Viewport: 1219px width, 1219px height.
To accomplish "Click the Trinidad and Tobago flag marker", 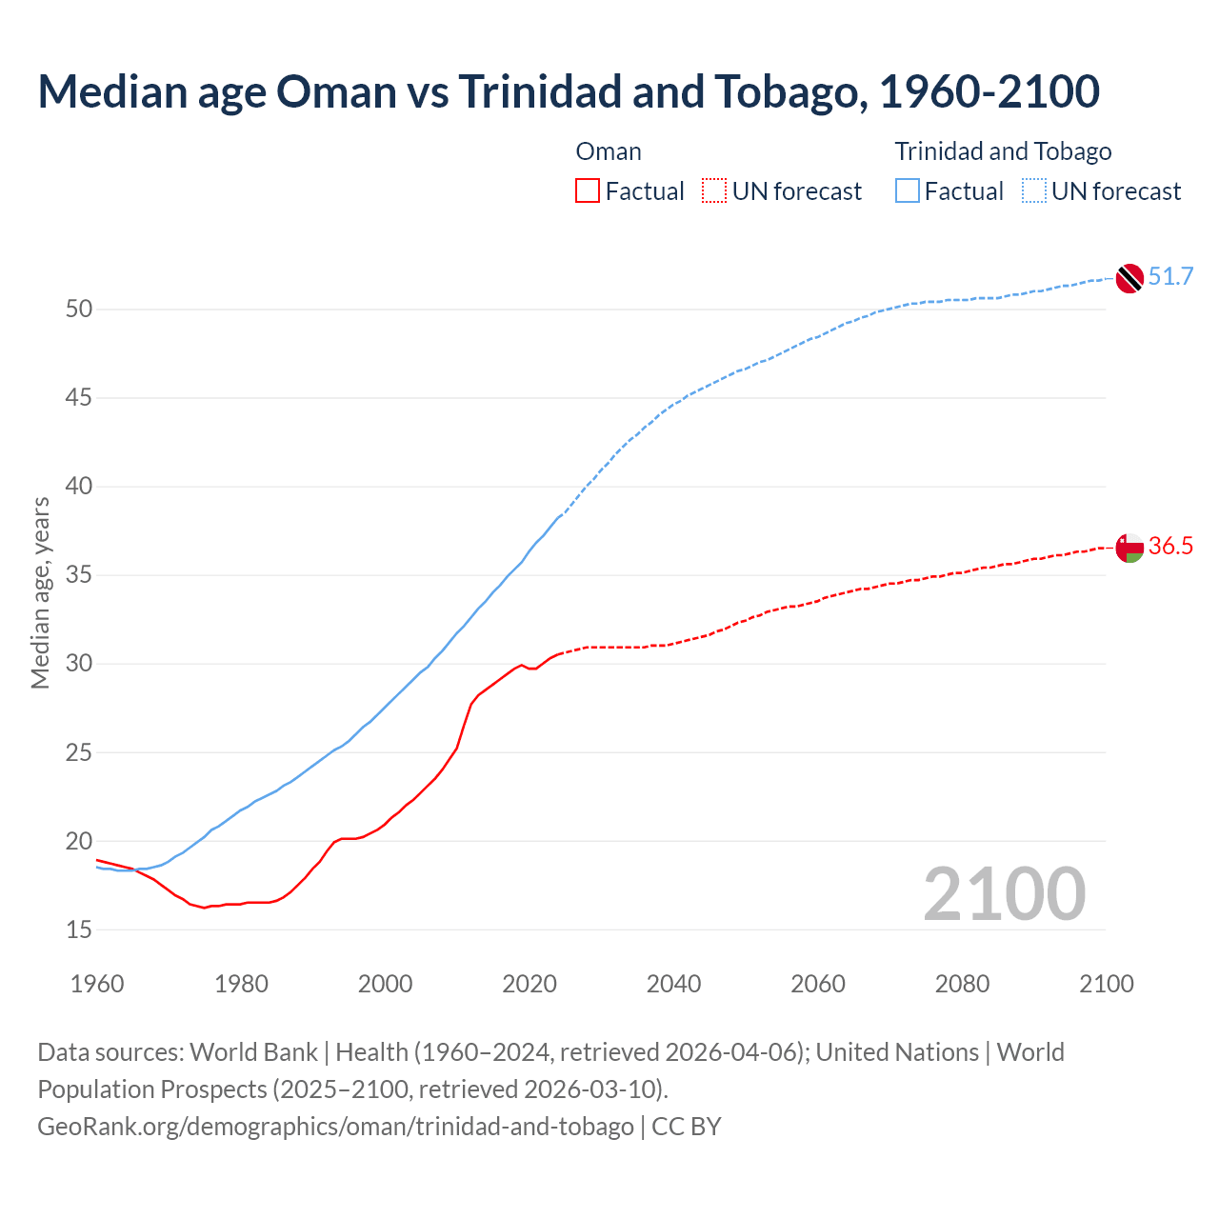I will [1129, 278].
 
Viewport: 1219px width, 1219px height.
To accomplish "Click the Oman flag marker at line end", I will [1129, 548].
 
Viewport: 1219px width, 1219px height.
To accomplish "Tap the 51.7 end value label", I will [1170, 277].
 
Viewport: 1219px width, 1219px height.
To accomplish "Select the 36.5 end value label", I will [1170, 547].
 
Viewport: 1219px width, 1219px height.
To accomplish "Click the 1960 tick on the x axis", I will [97, 984].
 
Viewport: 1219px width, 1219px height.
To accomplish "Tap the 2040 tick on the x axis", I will [673, 984].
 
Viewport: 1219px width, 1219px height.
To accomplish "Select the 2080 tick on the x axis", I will [962, 984].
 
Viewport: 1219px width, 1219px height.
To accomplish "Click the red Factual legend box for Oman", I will [588, 191].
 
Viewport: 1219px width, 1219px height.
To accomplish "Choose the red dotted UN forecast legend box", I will [714, 191].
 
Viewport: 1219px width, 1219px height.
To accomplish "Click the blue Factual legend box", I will [908, 191].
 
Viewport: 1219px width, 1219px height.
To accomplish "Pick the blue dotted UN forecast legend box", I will [1033, 191].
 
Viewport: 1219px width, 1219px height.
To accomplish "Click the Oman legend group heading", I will [609, 151].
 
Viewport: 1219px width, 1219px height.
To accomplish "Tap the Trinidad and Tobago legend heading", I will [1003, 151].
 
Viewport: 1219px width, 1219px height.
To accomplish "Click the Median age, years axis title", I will [40, 592].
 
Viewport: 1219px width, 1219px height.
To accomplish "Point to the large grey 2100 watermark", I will [1004, 894].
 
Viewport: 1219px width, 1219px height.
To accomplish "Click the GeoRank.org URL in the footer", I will [335, 1127].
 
